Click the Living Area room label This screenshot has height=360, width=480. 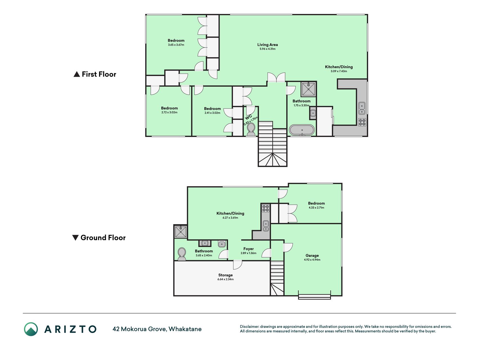[267, 45]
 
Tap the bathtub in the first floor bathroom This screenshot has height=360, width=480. [302, 130]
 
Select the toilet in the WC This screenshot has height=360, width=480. [251, 129]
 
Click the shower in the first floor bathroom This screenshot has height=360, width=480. [308, 89]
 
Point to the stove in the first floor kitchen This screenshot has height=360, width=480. [362, 122]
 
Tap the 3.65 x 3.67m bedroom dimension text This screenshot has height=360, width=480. [176, 45]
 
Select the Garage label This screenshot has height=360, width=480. [312, 256]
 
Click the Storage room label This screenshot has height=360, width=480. [226, 275]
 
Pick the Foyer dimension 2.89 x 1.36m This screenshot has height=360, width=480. [249, 253]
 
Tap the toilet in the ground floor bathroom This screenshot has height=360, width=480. [182, 254]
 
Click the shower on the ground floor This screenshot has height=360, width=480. [181, 231]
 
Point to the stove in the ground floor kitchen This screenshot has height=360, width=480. [266, 208]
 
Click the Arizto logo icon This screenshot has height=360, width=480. [31, 329]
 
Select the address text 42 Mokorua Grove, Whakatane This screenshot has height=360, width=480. [157, 329]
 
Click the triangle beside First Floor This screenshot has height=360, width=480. [76, 74]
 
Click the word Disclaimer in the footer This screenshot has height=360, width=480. [249, 327]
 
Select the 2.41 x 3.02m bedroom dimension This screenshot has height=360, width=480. [212, 113]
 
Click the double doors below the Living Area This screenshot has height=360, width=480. [276, 78]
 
